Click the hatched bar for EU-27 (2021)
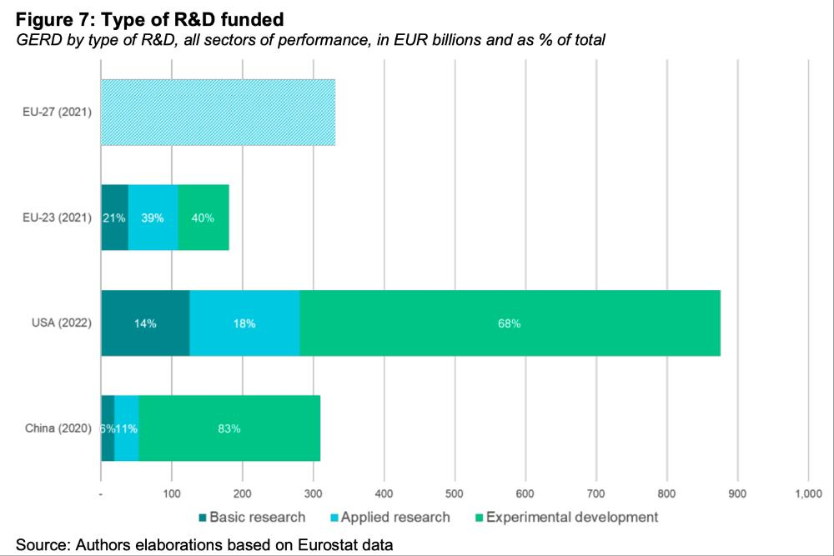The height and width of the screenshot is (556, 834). click(x=218, y=113)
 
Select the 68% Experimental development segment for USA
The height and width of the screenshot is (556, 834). click(x=510, y=323)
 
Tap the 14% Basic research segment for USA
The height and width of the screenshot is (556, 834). click(x=145, y=323)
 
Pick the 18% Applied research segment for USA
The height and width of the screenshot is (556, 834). click(x=244, y=323)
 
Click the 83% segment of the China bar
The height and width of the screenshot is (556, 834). click(x=229, y=428)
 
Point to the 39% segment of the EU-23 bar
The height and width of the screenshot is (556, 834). click(x=153, y=218)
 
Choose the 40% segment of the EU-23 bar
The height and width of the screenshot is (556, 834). click(x=203, y=218)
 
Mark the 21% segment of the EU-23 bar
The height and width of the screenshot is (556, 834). click(x=114, y=218)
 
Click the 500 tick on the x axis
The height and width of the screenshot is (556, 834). click(x=455, y=494)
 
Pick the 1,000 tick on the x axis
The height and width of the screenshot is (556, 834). click(x=807, y=494)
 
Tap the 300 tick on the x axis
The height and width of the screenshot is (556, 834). click(x=313, y=494)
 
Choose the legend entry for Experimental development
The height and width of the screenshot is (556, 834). click(x=571, y=517)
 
